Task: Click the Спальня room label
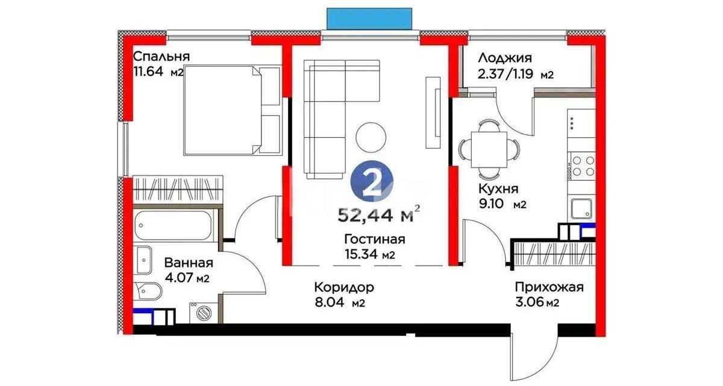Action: (x=161, y=57)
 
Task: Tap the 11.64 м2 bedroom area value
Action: (x=158, y=73)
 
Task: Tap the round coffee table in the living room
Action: (x=371, y=137)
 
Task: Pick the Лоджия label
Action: (x=504, y=58)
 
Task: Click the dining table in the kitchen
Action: (x=489, y=147)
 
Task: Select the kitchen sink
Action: (x=581, y=209)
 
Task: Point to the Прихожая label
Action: (x=548, y=287)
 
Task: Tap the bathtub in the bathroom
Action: (x=173, y=226)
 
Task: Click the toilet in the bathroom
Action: (x=147, y=293)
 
